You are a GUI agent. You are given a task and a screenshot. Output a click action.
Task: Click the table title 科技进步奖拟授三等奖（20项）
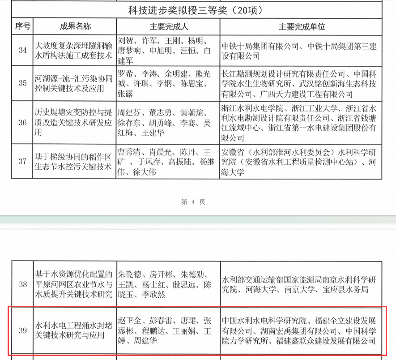pyautogui.click(x=196, y=10)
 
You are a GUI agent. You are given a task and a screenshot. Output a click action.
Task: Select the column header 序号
pyautogui.click(x=22, y=26)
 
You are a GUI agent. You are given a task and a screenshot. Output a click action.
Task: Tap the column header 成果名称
pyautogui.click(x=75, y=26)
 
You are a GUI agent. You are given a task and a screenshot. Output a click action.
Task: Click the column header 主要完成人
pyautogui.click(x=168, y=27)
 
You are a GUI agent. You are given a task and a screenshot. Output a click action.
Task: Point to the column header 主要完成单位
pyautogui.click(x=302, y=27)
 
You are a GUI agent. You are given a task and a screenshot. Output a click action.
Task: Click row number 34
pyautogui.click(x=22, y=50)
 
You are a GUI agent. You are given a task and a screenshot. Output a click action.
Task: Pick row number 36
pyautogui.click(x=22, y=122)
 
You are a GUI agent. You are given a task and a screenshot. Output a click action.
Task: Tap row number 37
pyautogui.click(x=22, y=161)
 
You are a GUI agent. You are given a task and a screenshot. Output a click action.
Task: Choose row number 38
pyautogui.click(x=22, y=284)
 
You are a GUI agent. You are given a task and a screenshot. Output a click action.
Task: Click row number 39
pyautogui.click(x=22, y=331)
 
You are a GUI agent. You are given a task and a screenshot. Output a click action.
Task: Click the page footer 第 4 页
pyautogui.click(x=193, y=202)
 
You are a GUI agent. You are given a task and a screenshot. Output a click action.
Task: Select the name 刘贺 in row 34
pyautogui.click(x=125, y=40)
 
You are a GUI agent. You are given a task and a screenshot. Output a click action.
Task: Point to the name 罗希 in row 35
pyautogui.click(x=125, y=73)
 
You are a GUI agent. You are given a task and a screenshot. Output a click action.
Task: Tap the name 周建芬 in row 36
pyautogui.click(x=129, y=111)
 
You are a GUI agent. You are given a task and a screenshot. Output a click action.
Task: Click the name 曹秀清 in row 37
pyautogui.click(x=129, y=151)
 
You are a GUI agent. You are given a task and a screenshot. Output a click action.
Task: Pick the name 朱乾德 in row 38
pyautogui.click(x=129, y=274)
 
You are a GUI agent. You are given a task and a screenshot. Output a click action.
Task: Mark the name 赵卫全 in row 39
pyautogui.click(x=129, y=321)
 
